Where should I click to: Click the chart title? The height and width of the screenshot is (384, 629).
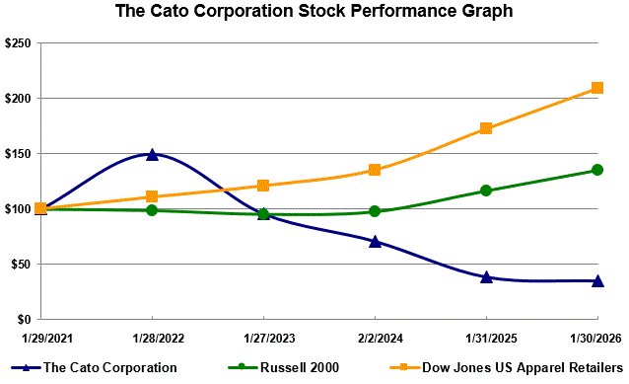[x=314, y=12]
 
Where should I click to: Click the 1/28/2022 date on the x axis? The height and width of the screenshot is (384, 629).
[x=152, y=339]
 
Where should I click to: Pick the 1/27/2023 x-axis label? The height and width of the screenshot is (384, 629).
[x=263, y=339]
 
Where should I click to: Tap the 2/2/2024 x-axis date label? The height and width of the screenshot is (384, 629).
[x=375, y=339]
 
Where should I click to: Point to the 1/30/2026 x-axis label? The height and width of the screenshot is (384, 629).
[x=597, y=339]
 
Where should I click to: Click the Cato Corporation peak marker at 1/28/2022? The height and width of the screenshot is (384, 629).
[x=152, y=154]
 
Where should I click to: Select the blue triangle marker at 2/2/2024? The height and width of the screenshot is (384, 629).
[x=375, y=241]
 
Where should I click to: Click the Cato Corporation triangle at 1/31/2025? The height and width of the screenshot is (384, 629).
[x=486, y=276]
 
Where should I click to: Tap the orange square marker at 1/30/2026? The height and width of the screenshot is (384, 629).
[x=597, y=88]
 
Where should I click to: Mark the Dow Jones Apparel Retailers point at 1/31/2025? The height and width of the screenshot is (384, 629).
[x=486, y=128]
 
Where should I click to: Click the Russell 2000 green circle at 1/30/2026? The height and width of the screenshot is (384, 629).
[x=597, y=170]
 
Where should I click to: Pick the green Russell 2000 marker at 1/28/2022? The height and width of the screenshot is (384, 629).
[x=152, y=210]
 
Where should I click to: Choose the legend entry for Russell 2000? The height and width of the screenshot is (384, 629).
[x=286, y=367]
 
